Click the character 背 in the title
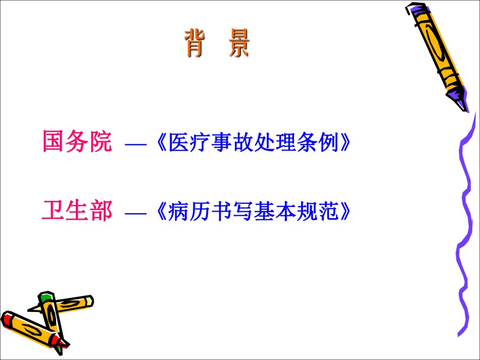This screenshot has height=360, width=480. pos(195,43)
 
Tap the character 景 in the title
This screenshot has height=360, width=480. pos(239,43)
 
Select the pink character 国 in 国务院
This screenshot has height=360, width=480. pos(53,141)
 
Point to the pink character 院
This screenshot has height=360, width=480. pos(101,141)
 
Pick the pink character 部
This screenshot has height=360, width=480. pos(101,211)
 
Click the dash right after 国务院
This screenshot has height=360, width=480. pos(135,143)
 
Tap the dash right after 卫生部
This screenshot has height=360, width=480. pos(135,213)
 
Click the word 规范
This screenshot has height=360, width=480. pos(318,212)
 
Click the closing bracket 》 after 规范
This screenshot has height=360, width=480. pos(345,212)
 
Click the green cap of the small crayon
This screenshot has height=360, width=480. pos(46,297)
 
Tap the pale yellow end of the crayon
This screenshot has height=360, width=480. pos(89,301)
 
